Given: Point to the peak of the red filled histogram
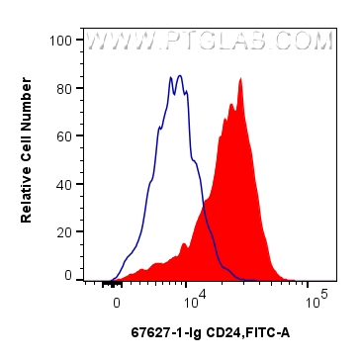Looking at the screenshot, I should (240, 80).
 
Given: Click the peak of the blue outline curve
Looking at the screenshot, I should (178, 75).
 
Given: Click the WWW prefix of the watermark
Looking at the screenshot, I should (113, 43).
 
